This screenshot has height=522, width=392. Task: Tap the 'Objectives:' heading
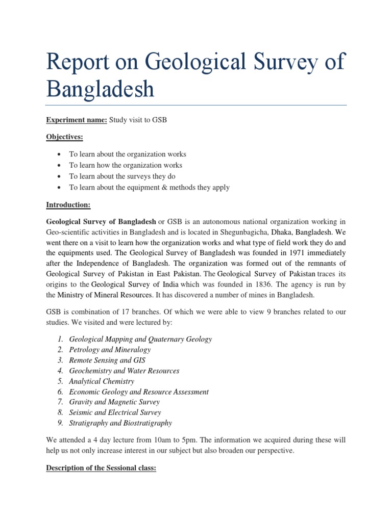(65, 137)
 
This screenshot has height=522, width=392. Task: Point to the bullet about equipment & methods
(150, 188)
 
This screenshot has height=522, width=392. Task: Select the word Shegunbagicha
(242, 231)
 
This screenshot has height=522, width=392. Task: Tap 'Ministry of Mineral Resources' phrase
(104, 295)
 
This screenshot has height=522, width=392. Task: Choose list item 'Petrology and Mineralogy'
(110, 350)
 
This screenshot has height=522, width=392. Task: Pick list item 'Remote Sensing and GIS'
(107, 360)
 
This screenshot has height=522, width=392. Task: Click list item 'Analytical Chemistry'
(102, 381)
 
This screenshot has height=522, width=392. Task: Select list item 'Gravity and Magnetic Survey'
(114, 402)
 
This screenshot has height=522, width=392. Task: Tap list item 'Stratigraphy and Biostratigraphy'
(120, 423)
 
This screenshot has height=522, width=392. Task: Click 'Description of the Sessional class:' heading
(101, 467)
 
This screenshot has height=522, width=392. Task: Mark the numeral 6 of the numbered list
(60, 392)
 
